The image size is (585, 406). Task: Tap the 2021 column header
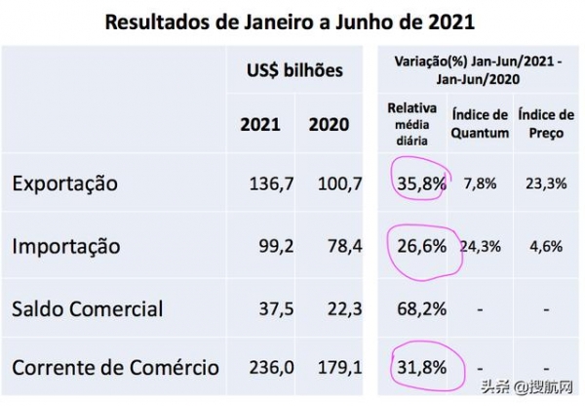tap(260, 125)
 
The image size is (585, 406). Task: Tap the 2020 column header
tap(329, 125)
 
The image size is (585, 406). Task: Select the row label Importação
tap(66, 246)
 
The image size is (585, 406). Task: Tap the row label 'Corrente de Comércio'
tap(114, 368)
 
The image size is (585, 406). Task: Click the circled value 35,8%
tap(420, 183)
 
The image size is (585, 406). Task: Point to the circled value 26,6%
tap(420, 246)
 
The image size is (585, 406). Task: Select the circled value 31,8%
tap(420, 368)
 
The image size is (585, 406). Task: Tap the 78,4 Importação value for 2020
tap(342, 246)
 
